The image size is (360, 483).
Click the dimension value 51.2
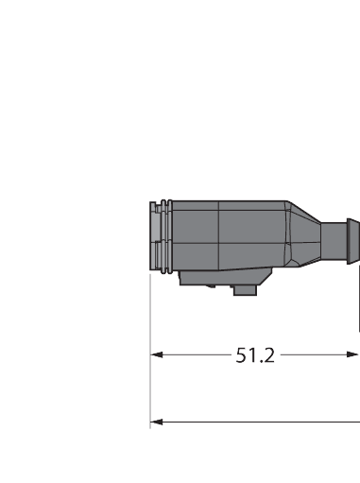tap(255, 355)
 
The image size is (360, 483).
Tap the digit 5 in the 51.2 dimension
tap(242, 355)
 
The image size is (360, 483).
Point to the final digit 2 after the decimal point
tap(269, 355)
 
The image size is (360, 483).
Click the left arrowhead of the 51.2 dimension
tap(158, 355)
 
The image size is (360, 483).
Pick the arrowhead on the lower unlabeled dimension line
tap(158, 422)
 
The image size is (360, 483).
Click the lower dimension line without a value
tap(255, 422)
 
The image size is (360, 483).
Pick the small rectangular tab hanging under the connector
tap(245, 290)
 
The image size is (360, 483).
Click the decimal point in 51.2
tap(261, 361)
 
